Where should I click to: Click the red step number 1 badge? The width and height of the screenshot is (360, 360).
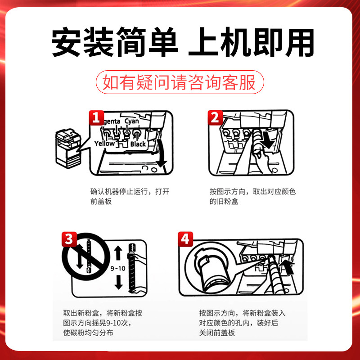pyautogui.click(x=96, y=118)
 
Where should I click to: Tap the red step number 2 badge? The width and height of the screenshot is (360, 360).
pyautogui.click(x=216, y=118)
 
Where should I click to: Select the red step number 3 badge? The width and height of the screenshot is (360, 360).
pyautogui.click(x=69, y=239)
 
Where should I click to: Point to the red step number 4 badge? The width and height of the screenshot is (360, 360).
pyautogui.click(x=185, y=239)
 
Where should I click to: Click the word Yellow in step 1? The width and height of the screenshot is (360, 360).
pyautogui.click(x=104, y=144)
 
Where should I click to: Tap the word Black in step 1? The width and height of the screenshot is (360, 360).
pyautogui.click(x=138, y=144)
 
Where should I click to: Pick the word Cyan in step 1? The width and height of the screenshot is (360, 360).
pyautogui.click(x=132, y=121)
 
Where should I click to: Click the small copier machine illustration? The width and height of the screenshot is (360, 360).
pyautogui.click(x=68, y=148)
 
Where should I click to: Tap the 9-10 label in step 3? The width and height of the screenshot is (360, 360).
pyautogui.click(x=118, y=268)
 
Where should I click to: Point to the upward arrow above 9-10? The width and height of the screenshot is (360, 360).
pyautogui.click(x=118, y=253)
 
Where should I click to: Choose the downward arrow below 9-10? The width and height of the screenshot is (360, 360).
pyautogui.click(x=118, y=282)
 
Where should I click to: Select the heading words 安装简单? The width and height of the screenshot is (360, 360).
pyautogui.click(x=115, y=42)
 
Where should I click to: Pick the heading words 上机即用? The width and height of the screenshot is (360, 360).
pyautogui.click(x=251, y=42)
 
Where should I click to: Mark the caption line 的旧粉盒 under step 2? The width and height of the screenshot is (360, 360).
pyautogui.click(x=224, y=201)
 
